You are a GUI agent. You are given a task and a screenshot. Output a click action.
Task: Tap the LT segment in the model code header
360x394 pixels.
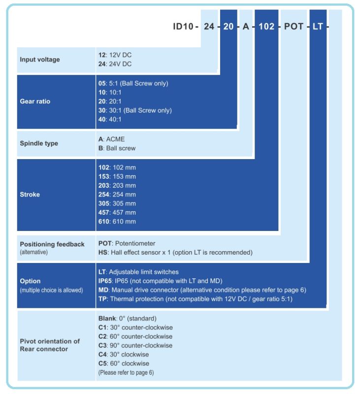317,27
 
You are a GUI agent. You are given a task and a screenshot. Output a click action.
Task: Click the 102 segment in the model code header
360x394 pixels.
266,27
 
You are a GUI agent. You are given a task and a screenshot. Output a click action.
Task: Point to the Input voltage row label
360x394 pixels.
40,60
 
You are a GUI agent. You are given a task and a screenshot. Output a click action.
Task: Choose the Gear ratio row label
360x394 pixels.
35,101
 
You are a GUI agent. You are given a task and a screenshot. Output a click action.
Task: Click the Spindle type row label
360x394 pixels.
39,143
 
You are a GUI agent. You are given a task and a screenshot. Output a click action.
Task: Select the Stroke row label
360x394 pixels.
30,195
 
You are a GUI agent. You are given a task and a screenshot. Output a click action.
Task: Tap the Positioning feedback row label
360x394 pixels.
52,244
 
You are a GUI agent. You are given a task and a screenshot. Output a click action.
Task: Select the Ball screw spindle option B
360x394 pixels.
117,148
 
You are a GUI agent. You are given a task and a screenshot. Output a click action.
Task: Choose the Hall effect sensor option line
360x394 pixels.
175,253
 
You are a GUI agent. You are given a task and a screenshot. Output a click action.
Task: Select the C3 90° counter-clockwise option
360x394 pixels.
135,345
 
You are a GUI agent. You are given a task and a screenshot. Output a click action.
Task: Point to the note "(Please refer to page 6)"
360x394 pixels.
126,373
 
